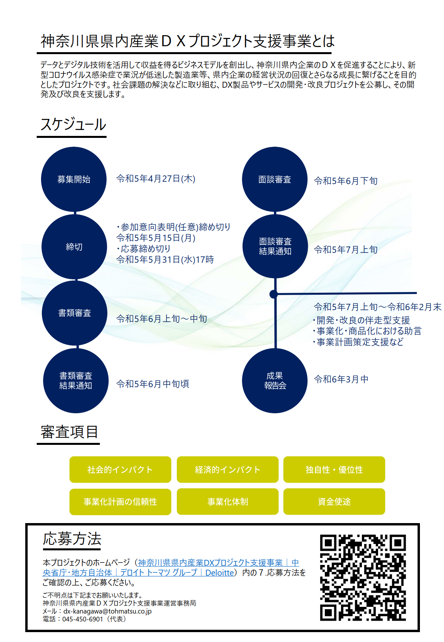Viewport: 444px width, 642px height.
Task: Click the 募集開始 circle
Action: click(x=74, y=179)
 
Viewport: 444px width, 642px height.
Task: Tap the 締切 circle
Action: click(x=74, y=247)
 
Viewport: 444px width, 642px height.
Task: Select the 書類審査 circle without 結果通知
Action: click(x=75, y=313)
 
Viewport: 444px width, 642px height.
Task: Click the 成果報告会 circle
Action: click(x=275, y=381)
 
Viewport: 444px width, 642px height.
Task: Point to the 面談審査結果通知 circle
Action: click(x=275, y=246)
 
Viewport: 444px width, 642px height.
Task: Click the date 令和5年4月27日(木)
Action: click(x=155, y=179)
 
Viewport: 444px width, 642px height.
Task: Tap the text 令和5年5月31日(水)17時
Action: click(x=165, y=260)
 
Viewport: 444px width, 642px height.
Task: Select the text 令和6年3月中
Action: click(x=341, y=379)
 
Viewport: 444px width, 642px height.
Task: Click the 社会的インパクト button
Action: click(x=120, y=469)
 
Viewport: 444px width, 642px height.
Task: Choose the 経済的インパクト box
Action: click(x=227, y=469)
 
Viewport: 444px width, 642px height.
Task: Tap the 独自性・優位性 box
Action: click(x=334, y=469)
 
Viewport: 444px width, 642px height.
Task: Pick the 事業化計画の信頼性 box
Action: click(x=120, y=502)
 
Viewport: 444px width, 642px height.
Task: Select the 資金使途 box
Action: click(x=334, y=502)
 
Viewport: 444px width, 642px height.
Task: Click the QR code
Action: click(x=363, y=578)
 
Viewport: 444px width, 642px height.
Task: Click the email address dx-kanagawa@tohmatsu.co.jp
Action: click(x=107, y=611)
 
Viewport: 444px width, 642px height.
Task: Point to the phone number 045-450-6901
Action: click(x=82, y=619)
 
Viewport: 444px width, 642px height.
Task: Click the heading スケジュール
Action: click(x=73, y=124)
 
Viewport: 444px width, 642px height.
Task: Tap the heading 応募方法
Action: click(x=72, y=539)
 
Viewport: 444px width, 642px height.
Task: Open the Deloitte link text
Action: click(x=219, y=572)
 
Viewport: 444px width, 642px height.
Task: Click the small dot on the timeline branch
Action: click(x=274, y=294)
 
